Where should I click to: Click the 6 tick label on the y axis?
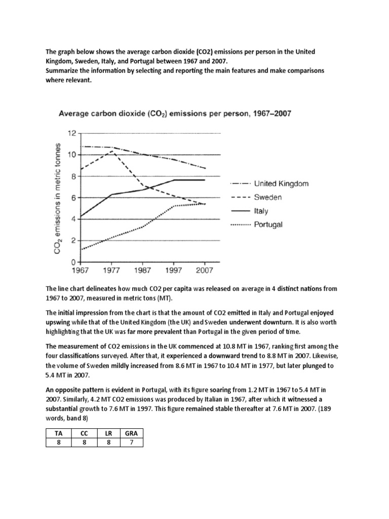coord(72,198)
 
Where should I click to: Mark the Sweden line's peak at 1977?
coord(110,151)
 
